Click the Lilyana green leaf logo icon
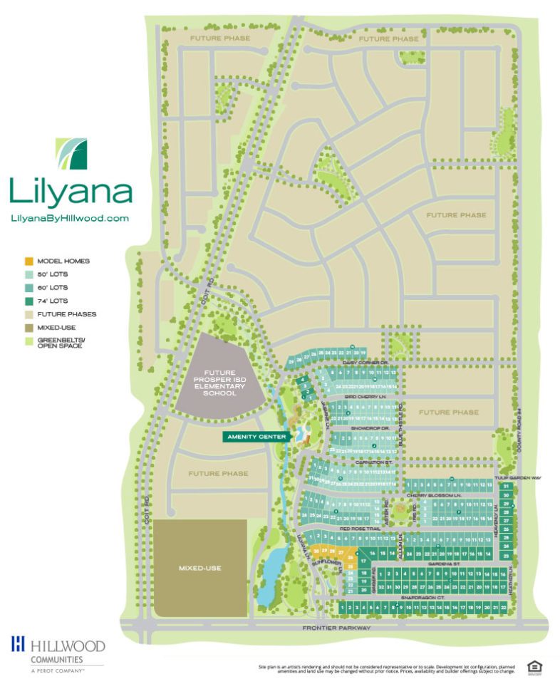pyautogui.click(x=71, y=154)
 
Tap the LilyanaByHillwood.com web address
pyautogui.click(x=70, y=219)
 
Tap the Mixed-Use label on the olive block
pyautogui.click(x=199, y=568)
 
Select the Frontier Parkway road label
pyautogui.click(x=336, y=628)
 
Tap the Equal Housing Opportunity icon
pyautogui.click(x=534, y=667)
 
